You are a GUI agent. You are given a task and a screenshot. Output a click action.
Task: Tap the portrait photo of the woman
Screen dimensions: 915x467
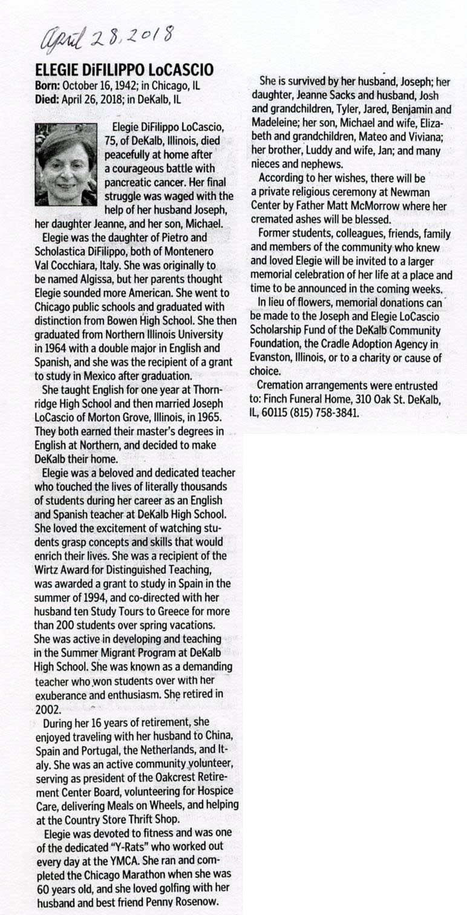66,165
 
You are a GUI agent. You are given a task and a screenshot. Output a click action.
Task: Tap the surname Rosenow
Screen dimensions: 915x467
196,902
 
